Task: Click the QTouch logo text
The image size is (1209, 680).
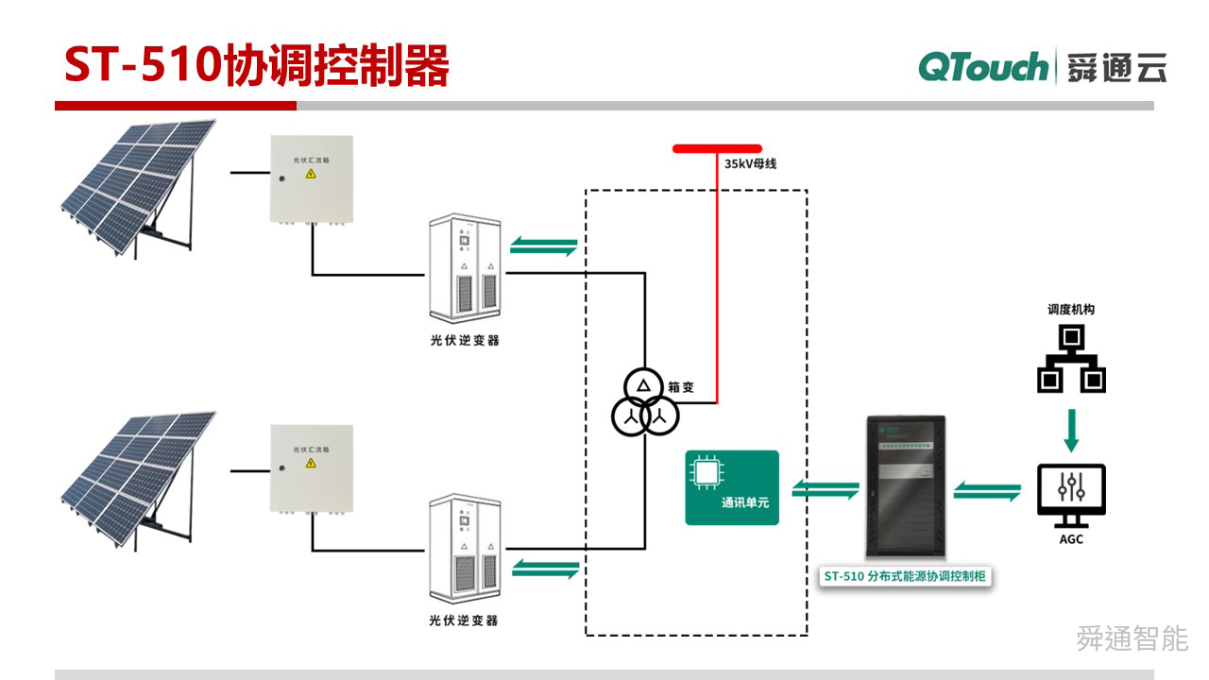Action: [982, 67]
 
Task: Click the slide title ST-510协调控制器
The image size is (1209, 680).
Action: [256, 65]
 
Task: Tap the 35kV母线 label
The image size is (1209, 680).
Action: [750, 163]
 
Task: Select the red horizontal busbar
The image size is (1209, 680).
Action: [717, 148]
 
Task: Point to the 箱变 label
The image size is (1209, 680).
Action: [683, 385]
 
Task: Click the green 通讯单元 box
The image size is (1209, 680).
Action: [732, 487]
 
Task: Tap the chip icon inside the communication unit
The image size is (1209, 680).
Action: [707, 473]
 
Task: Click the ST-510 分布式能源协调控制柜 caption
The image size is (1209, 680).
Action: [904, 576]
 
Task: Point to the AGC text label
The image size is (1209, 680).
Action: [1071, 539]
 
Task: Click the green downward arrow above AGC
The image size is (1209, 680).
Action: [1071, 430]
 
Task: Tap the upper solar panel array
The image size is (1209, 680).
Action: [137, 184]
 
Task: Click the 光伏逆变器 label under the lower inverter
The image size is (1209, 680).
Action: [463, 620]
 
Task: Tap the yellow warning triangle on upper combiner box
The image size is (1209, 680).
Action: [310, 174]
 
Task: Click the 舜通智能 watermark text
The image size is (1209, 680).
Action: [1132, 638]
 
